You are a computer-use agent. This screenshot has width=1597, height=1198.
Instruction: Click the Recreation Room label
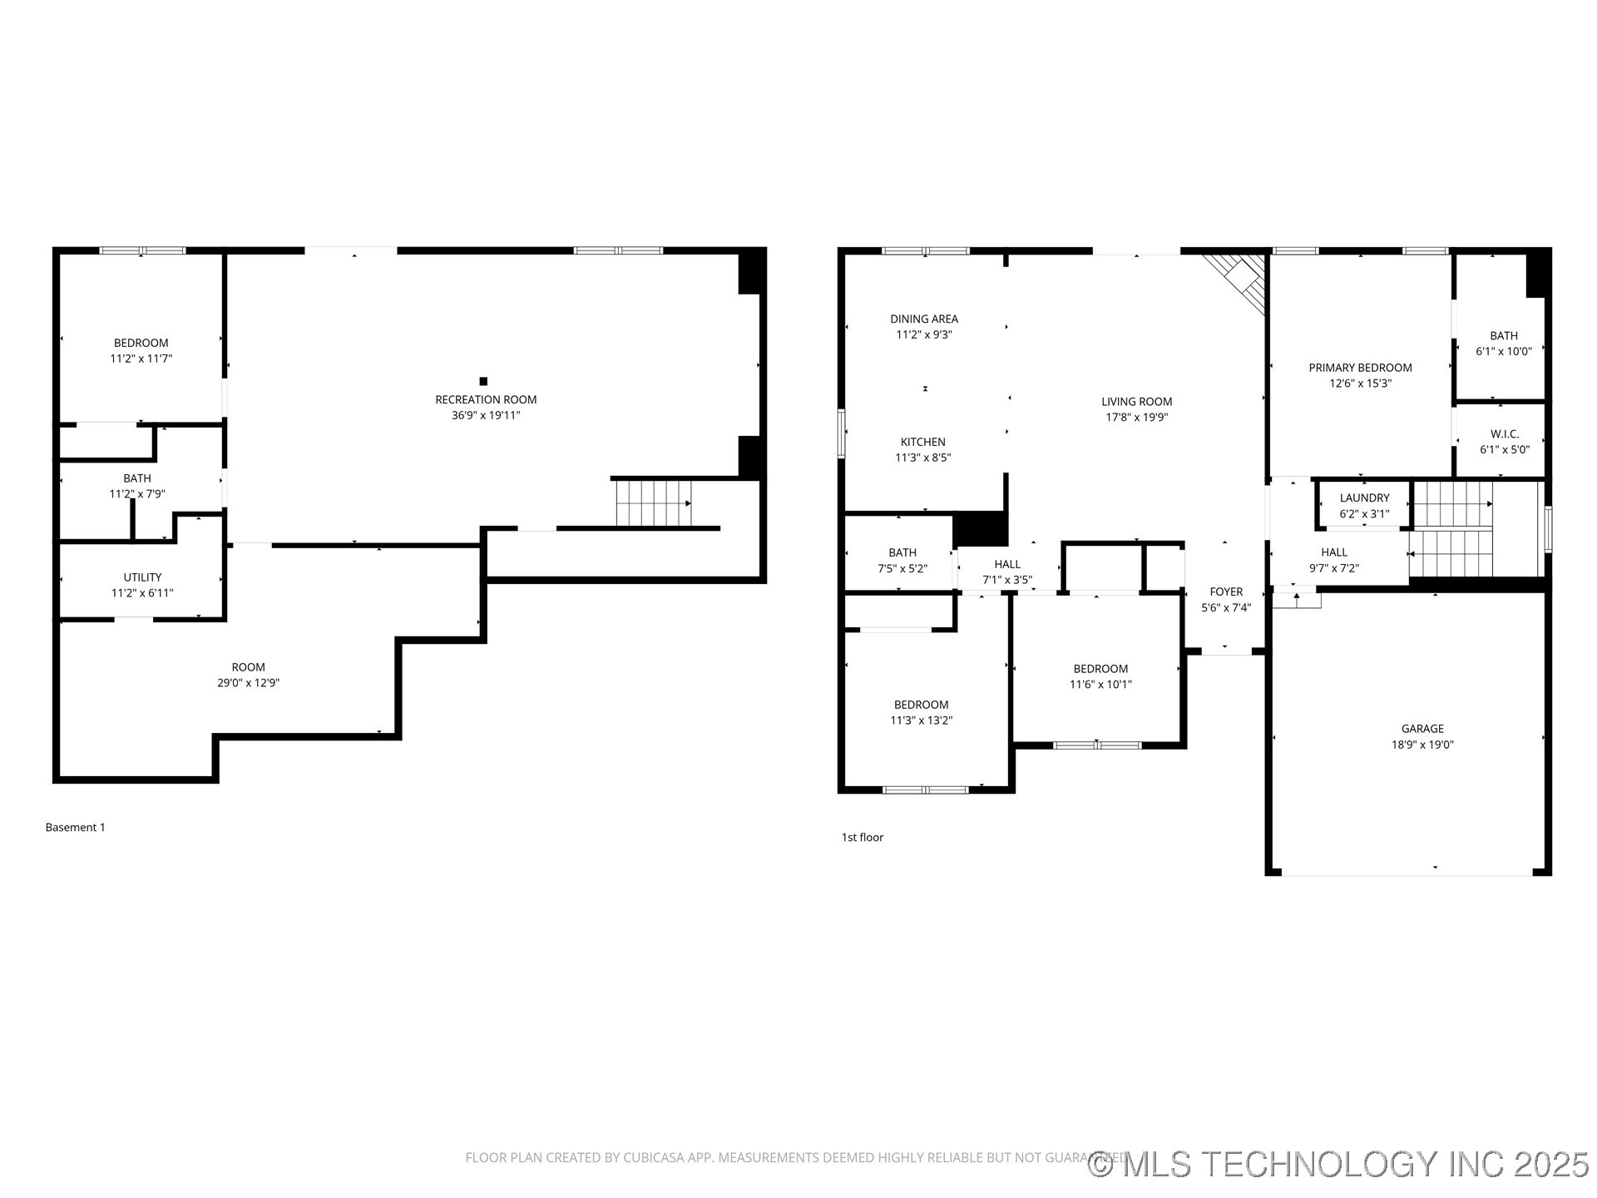point(486,399)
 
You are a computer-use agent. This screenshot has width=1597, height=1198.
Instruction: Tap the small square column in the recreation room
point(483,381)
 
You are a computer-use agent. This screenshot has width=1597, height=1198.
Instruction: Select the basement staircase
point(654,503)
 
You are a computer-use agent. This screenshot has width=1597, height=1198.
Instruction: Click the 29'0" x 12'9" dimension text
point(248,683)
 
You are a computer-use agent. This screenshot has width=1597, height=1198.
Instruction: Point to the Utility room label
point(142,577)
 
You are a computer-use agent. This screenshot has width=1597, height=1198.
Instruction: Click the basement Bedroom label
point(141,343)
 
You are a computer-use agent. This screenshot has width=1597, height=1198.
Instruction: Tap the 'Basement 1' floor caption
point(75,827)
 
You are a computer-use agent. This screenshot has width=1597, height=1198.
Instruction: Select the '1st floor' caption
point(862,837)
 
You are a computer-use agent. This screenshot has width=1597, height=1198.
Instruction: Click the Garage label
point(1422,729)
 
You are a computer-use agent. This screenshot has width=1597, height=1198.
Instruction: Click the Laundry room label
point(1364,498)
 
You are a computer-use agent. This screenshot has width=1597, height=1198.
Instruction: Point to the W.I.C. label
point(1505,434)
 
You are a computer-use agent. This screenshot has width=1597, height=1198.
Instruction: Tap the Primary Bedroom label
point(1360,368)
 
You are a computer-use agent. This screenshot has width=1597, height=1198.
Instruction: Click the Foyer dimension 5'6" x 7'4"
point(1226,608)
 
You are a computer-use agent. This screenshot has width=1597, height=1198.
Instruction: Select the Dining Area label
point(924,319)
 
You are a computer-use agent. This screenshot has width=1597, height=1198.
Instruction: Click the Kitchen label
point(922,442)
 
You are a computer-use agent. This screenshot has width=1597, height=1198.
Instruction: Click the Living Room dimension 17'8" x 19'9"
point(1136,418)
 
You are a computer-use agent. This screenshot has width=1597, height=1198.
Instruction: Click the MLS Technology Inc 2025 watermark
point(1339,1164)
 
